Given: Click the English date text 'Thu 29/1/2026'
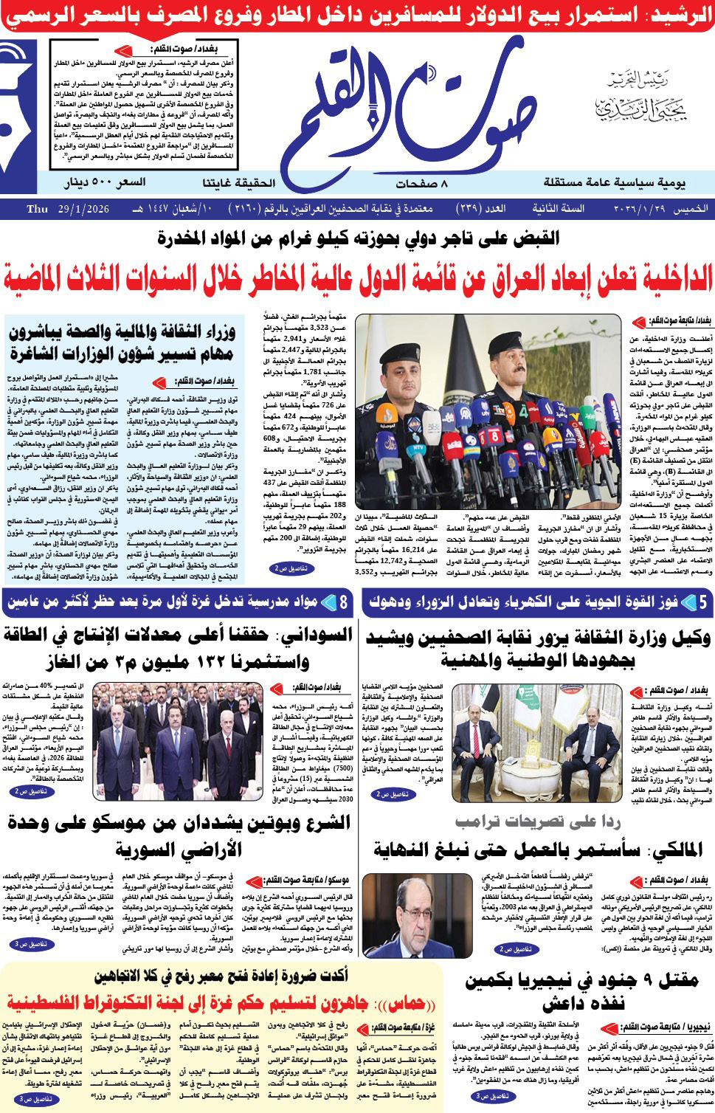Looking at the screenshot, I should [68, 209].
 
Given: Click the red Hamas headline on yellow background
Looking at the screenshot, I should [221, 1003].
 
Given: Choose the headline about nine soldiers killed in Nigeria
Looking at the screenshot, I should [583, 991].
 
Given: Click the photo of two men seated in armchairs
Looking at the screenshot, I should [536, 742].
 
